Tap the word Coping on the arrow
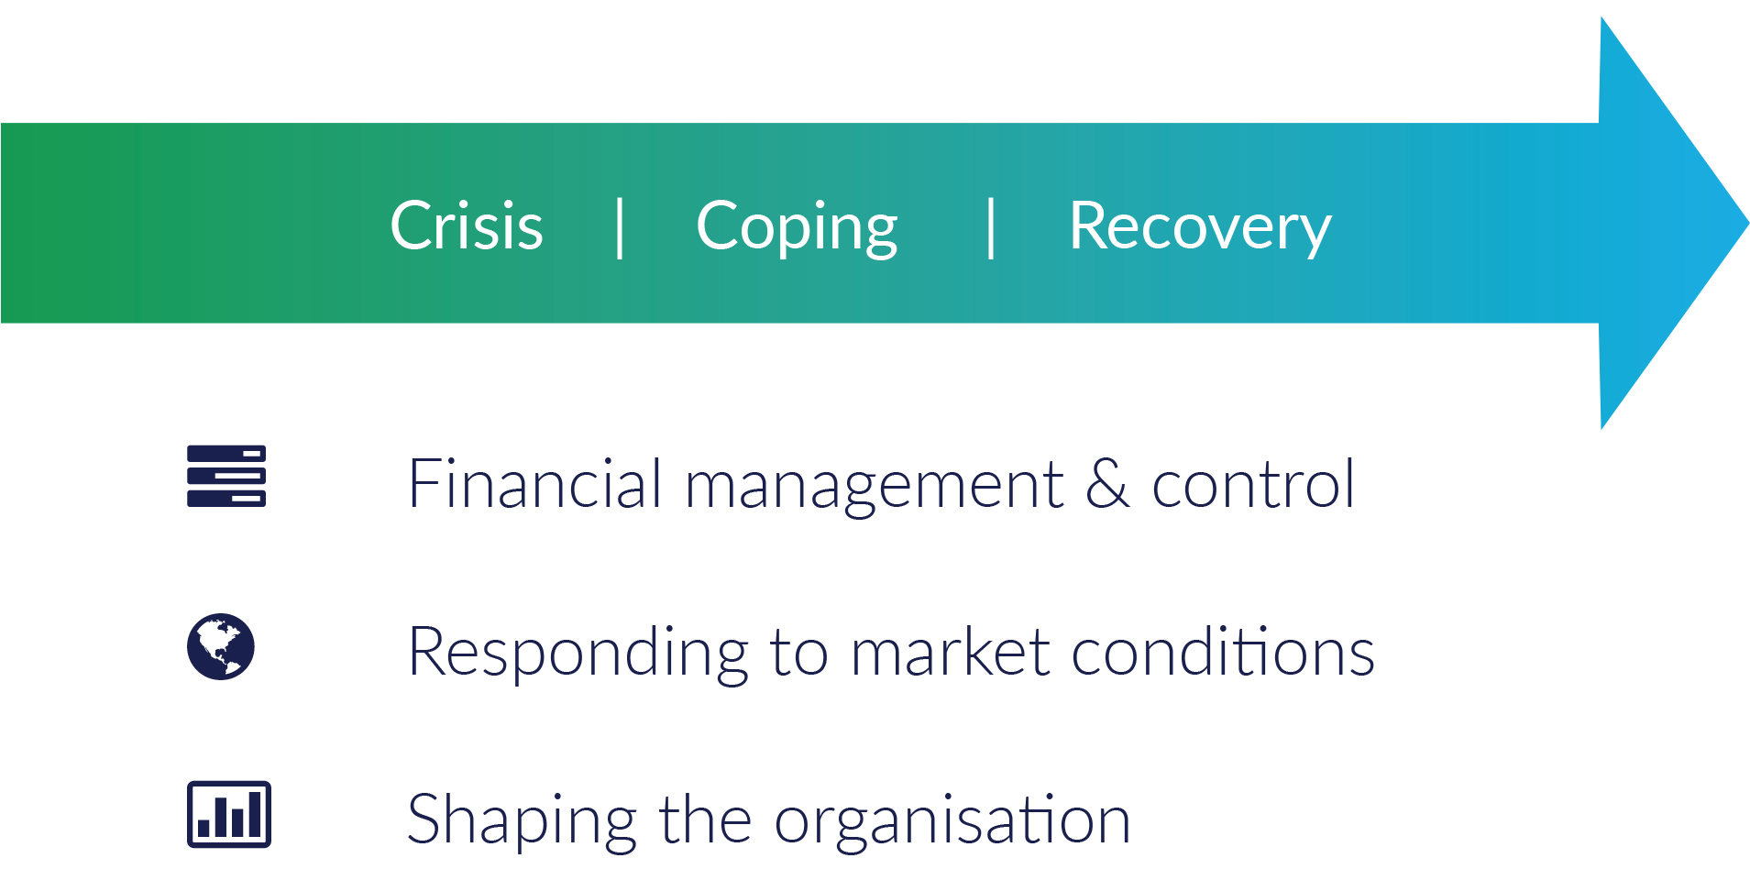(797, 227)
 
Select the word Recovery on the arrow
(1200, 227)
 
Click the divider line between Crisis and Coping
(621, 228)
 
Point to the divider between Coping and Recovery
(991, 228)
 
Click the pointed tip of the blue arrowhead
(1747, 222)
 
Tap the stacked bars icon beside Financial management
(226, 476)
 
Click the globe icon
(221, 646)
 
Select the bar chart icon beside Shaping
(229, 814)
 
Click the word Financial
(534, 483)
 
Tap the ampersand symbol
(1107, 483)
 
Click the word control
(1252, 483)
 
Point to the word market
(950, 651)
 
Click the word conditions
(1223, 651)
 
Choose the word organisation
(952, 821)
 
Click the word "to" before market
(799, 654)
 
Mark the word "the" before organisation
(706, 818)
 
